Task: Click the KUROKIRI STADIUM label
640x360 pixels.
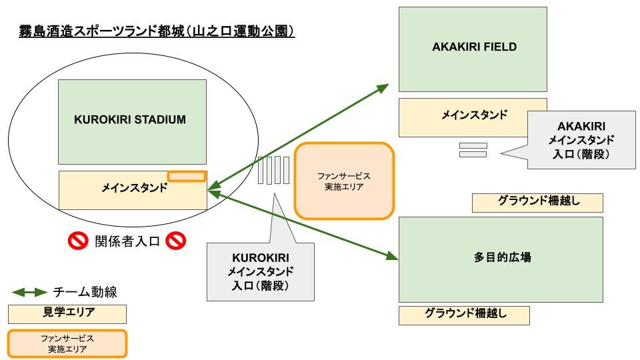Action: [x=130, y=120]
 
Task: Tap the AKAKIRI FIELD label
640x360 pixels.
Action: [x=473, y=47]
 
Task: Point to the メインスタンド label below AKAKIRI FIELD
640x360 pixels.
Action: [x=473, y=115]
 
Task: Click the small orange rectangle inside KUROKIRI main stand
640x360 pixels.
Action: [x=186, y=176]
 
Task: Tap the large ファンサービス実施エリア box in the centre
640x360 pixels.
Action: [x=344, y=181]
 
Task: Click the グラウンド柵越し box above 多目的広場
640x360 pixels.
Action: [x=537, y=203]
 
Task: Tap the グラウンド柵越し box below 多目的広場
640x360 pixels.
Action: [x=464, y=315]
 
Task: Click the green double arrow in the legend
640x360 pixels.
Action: [x=29, y=292]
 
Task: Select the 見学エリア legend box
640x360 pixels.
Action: [x=67, y=313]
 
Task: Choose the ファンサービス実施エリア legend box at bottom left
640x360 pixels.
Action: [x=67, y=343]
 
